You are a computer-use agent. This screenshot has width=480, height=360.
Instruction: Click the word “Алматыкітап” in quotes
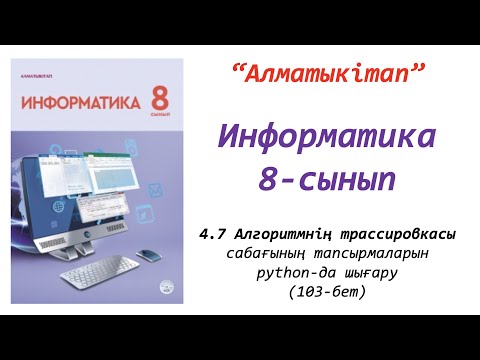tap(328, 72)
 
